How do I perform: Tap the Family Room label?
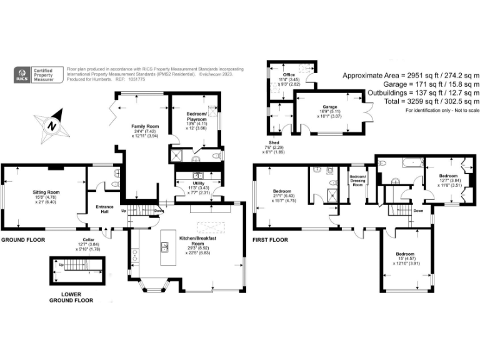(145, 127)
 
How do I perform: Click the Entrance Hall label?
(104, 209)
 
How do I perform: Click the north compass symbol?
(52, 122)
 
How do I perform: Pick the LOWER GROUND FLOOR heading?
(72, 297)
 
